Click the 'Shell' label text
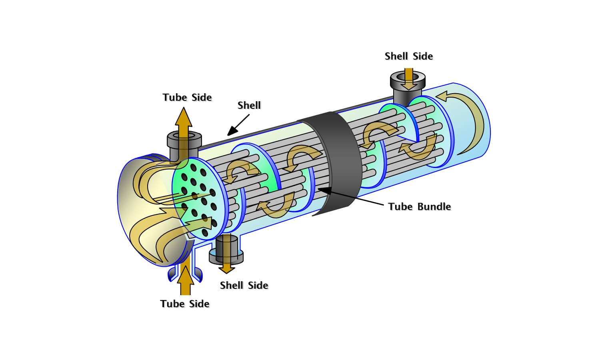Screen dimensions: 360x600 pos(249,105)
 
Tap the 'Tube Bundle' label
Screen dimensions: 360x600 pos(419,206)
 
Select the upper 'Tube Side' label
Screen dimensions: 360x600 pos(187,97)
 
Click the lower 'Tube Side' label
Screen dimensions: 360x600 pos(185,304)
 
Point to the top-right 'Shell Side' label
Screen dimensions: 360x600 pos(408,56)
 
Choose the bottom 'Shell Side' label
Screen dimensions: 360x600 pos(244,285)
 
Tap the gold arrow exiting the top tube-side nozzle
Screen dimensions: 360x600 pos(184,124)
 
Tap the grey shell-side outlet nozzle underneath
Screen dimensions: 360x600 pos(226,250)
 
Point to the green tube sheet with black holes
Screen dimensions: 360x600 pos(199,198)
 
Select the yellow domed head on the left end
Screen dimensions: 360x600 pos(144,212)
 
